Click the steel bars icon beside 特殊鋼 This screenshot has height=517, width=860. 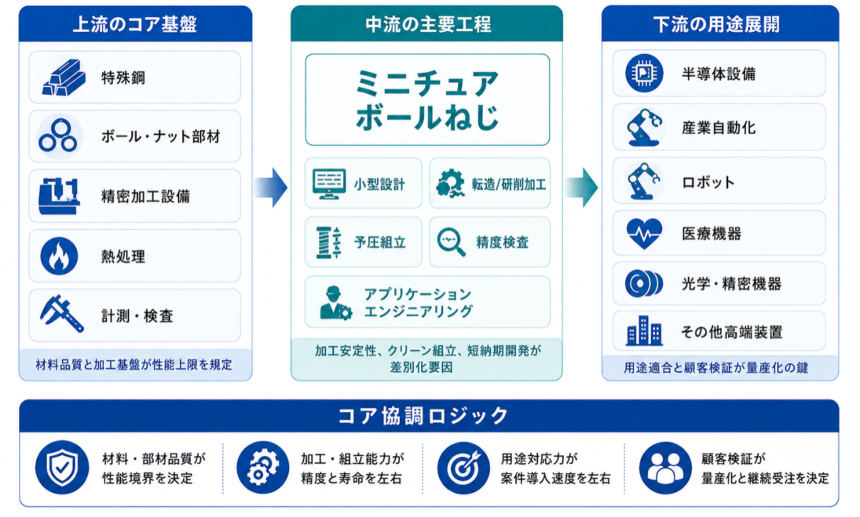coord(64,77)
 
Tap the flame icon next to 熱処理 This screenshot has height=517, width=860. coord(59,256)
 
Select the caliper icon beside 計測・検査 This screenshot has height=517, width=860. coord(62,314)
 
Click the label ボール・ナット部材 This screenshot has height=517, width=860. coord(160,137)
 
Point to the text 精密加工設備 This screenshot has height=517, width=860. coord(145,196)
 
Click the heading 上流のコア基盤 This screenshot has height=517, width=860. coord(135,24)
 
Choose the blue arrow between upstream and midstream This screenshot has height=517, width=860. coord(271,188)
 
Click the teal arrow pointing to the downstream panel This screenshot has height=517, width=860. coord(581,188)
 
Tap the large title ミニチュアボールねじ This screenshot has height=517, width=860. coord(428,100)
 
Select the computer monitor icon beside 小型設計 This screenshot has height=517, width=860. coord(329,183)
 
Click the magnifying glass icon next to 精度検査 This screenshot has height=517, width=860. coord(451,242)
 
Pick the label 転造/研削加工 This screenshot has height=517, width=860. coord(509,184)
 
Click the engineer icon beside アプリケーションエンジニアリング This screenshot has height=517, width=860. coord(335,303)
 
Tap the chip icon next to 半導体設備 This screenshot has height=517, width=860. coord(644,73)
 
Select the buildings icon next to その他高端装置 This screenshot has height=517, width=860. coord(644,331)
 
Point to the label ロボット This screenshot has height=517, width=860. coord(708,182)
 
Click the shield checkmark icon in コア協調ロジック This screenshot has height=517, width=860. coord(62,467)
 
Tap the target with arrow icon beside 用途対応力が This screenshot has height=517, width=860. coord(464,467)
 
